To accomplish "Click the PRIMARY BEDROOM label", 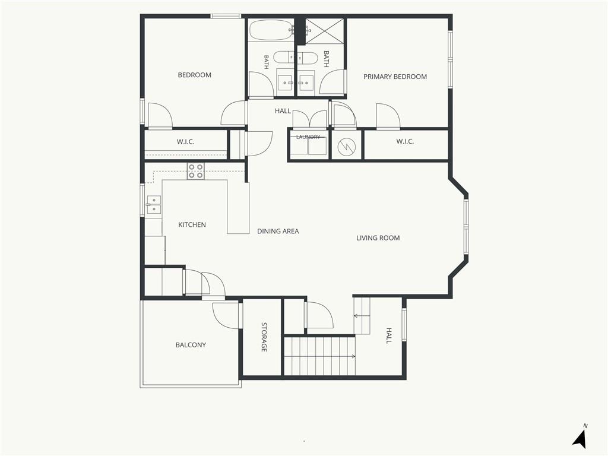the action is pyautogui.click(x=395, y=77).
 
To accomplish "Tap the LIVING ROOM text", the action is pyautogui.click(x=378, y=238).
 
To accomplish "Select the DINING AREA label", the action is pyautogui.click(x=278, y=232).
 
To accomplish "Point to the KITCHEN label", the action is pyautogui.click(x=192, y=225).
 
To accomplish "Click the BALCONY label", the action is pyautogui.click(x=191, y=345).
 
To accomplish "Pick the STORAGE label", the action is pyautogui.click(x=264, y=337).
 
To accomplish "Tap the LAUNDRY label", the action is pyautogui.click(x=308, y=137).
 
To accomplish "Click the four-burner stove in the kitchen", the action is pyautogui.click(x=196, y=172).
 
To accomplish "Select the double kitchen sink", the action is pyautogui.click(x=154, y=205).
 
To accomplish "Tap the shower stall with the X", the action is pyautogui.click(x=325, y=31).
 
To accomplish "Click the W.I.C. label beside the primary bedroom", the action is pyautogui.click(x=405, y=141).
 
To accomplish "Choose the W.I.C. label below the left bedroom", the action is pyautogui.click(x=186, y=142).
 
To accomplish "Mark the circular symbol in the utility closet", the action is pyautogui.click(x=346, y=146).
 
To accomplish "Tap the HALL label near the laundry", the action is pyautogui.click(x=283, y=111).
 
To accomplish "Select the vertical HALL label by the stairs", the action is pyautogui.click(x=389, y=336).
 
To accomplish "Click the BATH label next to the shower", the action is pyautogui.click(x=326, y=59).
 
